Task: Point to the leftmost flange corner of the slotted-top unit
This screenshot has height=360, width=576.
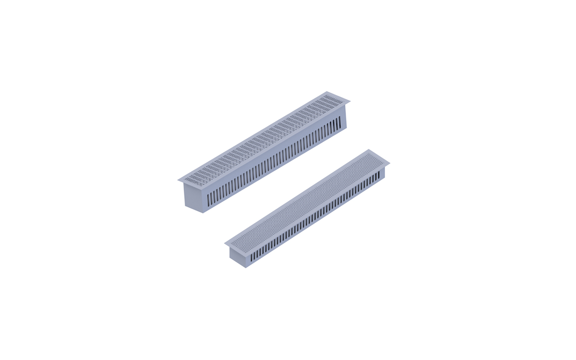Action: (x=178, y=180)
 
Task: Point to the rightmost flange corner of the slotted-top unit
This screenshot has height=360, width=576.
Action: (x=350, y=101)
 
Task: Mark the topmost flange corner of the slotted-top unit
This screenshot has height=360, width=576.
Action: (x=328, y=92)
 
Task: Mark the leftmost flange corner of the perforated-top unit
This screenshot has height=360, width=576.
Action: (x=225, y=243)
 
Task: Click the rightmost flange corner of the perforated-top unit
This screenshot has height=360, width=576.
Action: (x=390, y=163)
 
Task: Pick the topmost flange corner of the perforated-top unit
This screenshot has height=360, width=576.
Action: (x=369, y=150)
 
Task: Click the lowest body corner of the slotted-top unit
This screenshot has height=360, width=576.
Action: (x=203, y=213)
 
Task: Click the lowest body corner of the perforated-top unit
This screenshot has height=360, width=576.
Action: (x=246, y=268)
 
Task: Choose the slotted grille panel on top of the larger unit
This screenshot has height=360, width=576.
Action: (x=264, y=136)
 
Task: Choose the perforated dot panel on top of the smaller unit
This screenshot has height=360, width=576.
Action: (x=307, y=196)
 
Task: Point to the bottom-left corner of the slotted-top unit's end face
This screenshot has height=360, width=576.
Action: (x=185, y=206)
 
